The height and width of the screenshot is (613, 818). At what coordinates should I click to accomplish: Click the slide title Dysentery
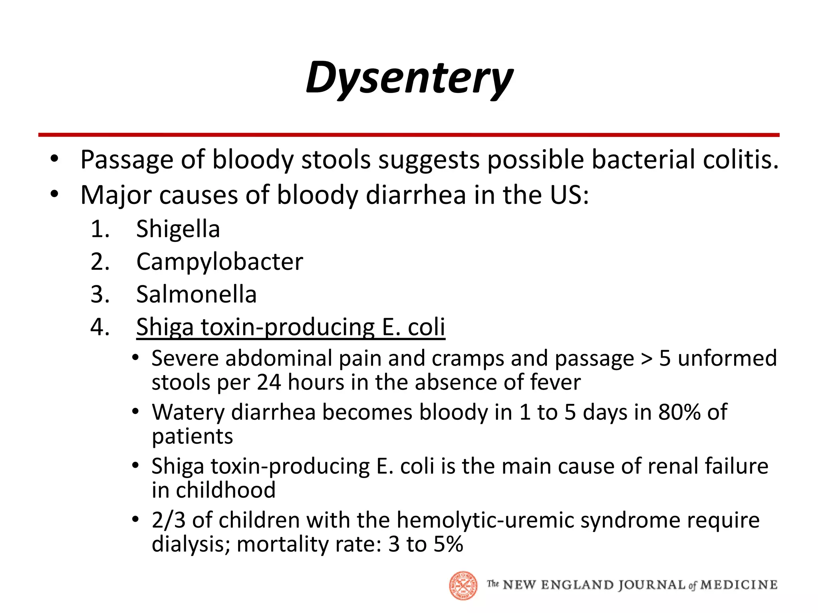(409, 78)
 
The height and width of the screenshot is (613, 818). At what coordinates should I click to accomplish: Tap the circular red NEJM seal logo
(463, 585)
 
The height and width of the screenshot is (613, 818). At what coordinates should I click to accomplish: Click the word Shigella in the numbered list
(178, 229)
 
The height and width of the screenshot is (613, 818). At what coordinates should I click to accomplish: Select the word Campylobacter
(219, 262)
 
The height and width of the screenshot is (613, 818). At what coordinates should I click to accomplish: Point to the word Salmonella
(196, 295)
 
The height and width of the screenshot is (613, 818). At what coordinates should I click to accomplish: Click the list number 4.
(99, 327)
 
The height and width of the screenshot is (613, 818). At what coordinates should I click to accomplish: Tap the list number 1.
(99, 229)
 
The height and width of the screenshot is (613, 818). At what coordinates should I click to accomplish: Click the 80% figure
(679, 412)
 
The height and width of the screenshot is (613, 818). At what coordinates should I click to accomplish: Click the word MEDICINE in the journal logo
(739, 585)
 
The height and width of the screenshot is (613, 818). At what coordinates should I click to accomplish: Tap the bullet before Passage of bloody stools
(55, 160)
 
